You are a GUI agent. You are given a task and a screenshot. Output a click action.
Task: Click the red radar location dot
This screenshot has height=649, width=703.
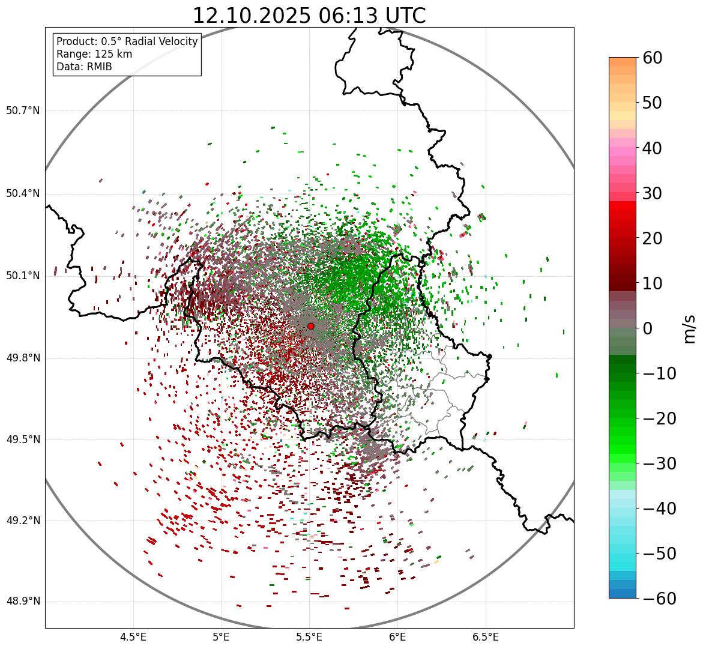pyautogui.click(x=310, y=326)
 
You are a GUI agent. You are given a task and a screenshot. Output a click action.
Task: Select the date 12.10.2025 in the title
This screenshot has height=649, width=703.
pyautogui.click(x=252, y=16)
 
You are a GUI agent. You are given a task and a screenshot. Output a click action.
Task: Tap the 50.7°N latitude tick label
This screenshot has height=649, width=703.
pyautogui.click(x=23, y=111)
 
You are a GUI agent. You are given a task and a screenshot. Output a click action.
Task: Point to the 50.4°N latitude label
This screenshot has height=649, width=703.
pyautogui.click(x=23, y=193)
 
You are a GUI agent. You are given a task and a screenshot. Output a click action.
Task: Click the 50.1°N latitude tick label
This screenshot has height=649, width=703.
pyautogui.click(x=23, y=276)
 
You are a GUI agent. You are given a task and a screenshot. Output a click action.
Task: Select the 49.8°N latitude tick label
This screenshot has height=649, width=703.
pyautogui.click(x=23, y=358)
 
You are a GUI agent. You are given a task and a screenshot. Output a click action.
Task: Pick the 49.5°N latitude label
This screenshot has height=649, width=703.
pyautogui.click(x=23, y=439)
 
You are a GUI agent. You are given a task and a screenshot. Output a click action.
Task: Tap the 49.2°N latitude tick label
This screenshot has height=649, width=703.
pyautogui.click(x=23, y=521)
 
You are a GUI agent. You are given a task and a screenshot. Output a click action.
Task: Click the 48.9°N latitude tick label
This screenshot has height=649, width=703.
pyautogui.click(x=23, y=602)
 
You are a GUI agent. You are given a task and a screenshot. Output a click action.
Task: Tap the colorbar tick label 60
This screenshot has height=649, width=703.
pyautogui.click(x=653, y=58)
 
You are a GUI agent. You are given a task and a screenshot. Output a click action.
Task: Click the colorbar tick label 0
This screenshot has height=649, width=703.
pyautogui.click(x=648, y=328)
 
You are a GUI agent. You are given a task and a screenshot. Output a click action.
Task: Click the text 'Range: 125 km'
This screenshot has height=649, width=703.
pyautogui.click(x=94, y=54)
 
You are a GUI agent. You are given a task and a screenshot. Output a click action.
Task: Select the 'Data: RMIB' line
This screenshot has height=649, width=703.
pyautogui.click(x=84, y=67)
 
